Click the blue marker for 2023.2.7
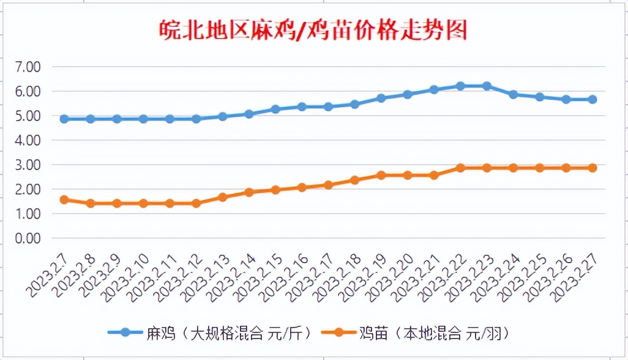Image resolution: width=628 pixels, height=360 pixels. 64,119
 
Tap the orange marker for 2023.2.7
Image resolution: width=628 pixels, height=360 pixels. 64,200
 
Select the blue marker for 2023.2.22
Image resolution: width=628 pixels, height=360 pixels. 460,86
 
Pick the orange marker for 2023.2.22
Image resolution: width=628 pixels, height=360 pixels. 460,168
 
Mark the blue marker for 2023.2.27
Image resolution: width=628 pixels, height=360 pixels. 592,99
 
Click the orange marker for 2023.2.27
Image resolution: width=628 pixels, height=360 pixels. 592,168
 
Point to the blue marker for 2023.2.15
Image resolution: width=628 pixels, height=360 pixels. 275,109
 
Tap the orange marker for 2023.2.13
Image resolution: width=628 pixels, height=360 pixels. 223,197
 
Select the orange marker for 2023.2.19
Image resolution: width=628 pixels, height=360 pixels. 381,175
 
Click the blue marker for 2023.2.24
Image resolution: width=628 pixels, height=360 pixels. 513,94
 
